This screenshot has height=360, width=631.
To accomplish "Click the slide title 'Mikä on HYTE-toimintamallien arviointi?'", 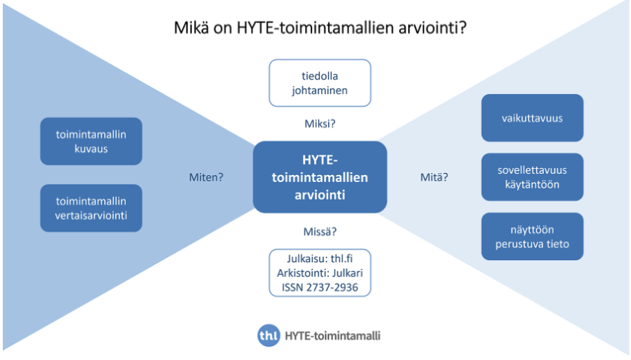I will coord(320,29).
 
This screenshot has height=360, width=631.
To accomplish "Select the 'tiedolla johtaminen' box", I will coord(320,83).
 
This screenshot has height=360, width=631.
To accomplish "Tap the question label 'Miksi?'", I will coord(320,124).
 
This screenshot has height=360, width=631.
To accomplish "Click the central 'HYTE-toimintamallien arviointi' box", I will coord(320,177).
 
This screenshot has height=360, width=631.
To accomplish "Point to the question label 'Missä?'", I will coord(320,231).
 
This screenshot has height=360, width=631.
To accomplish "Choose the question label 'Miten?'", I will coord(206,177).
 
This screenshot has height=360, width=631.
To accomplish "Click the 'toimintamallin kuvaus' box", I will coord(91,141).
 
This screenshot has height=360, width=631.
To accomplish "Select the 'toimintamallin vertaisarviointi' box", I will coord(91,208).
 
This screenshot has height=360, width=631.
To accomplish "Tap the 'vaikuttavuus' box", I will coord(532,118).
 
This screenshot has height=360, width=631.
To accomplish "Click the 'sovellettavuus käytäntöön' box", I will coord(532,177).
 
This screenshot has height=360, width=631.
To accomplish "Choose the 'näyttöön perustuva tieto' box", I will coord(532,237).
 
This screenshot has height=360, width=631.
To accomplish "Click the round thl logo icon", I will coord(268,335).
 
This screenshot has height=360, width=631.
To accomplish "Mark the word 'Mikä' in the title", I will coord(190,30).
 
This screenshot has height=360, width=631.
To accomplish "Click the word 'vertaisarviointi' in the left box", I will coord(91,216).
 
